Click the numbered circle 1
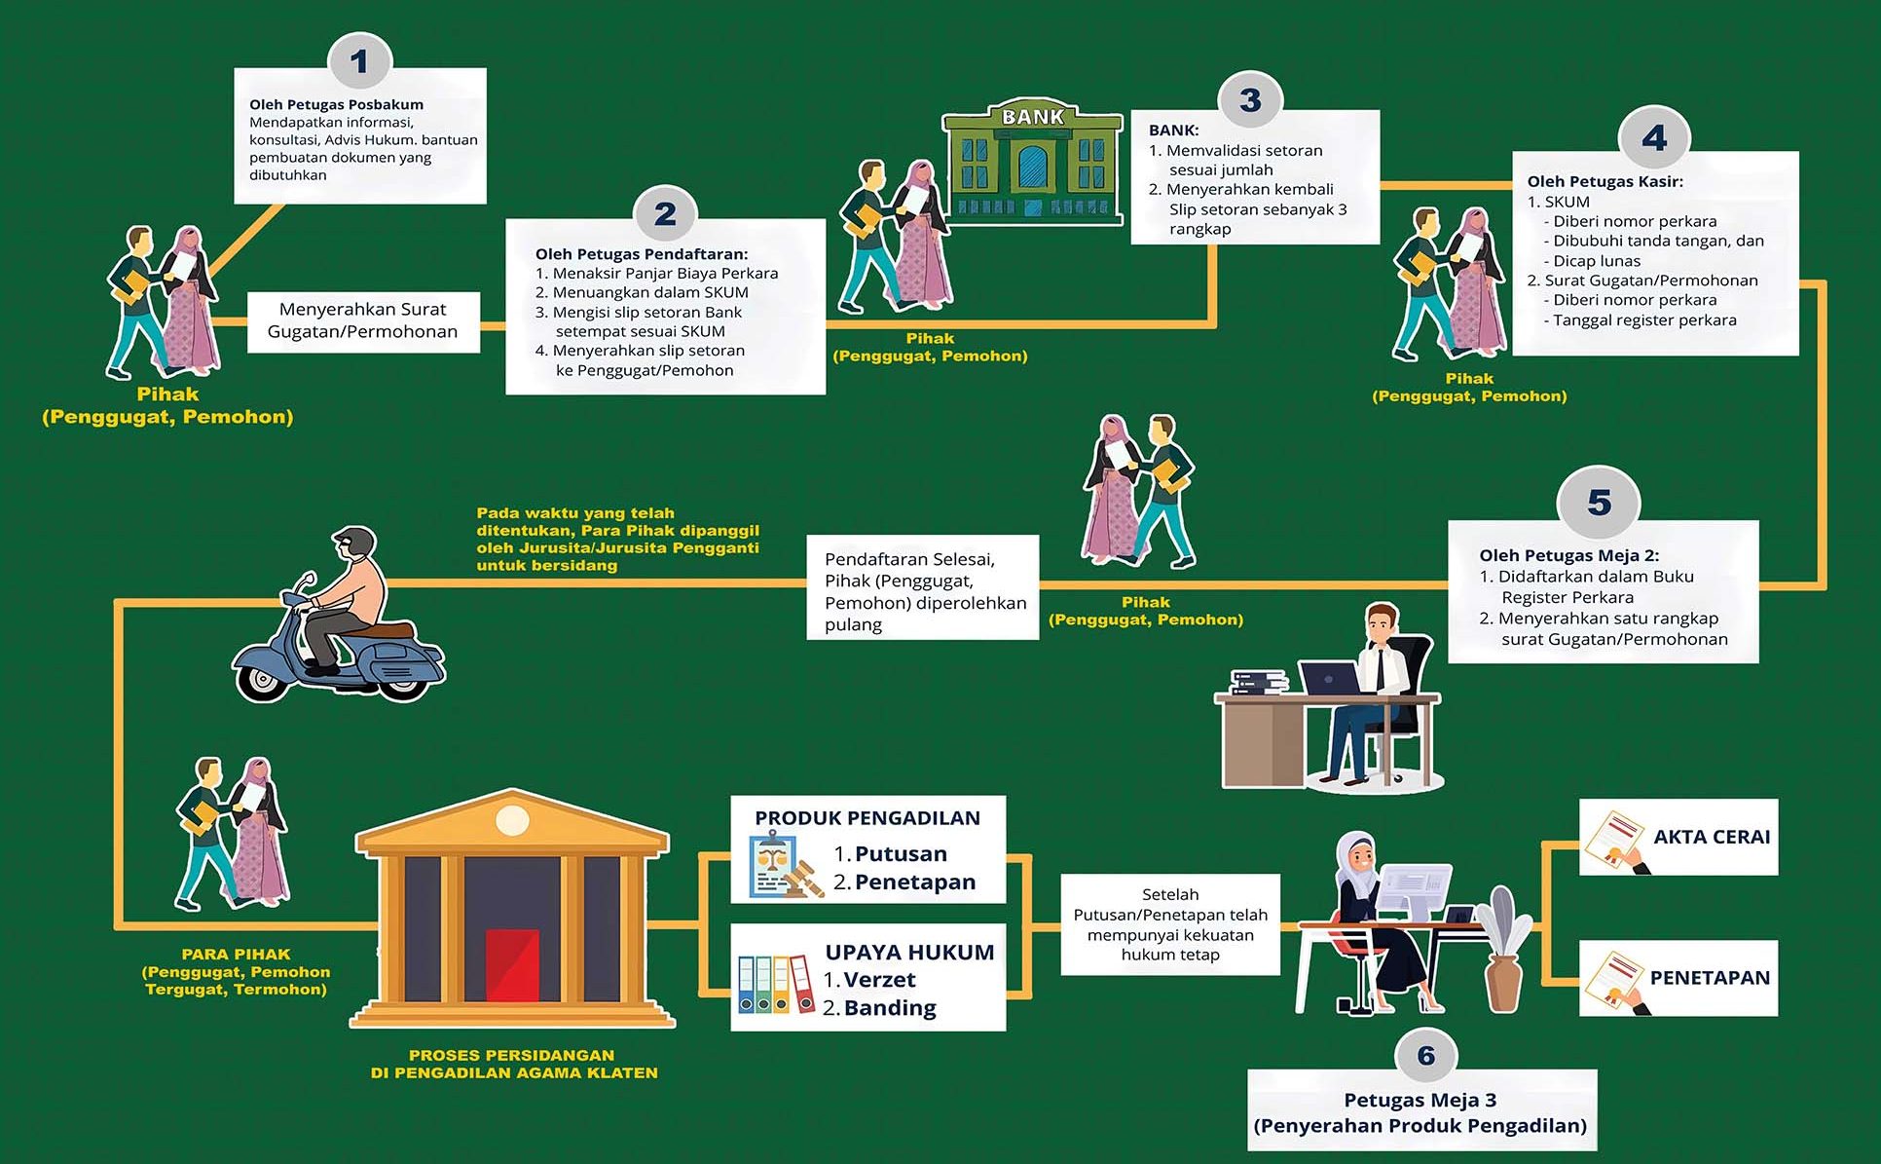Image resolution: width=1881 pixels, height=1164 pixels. pyautogui.click(x=359, y=62)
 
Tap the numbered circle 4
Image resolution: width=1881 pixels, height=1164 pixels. pyautogui.click(x=1654, y=138)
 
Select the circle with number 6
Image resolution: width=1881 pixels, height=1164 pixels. pyautogui.click(x=1426, y=1055)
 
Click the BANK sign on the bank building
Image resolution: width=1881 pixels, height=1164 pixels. pyautogui.click(x=1033, y=117)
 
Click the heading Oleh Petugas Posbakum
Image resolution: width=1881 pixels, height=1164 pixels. pyautogui.click(x=336, y=104)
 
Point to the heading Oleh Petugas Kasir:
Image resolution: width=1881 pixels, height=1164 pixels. pyautogui.click(x=1604, y=181)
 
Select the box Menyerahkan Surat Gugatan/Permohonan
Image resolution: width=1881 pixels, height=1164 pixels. pyautogui.click(x=363, y=320)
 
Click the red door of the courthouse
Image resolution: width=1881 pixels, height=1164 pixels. pyautogui.click(x=512, y=964)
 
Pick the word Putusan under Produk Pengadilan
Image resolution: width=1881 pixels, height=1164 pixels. pyautogui.click(x=901, y=854)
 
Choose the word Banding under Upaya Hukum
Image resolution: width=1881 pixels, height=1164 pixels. pyautogui.click(x=890, y=1008)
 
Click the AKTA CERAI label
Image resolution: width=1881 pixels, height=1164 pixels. pyautogui.click(x=1712, y=837)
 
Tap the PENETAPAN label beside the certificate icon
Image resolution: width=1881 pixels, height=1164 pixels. pyautogui.click(x=1710, y=978)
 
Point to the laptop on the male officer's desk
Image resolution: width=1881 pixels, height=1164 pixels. pyautogui.click(x=1329, y=678)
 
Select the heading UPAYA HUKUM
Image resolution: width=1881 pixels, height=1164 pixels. pyautogui.click(x=909, y=953)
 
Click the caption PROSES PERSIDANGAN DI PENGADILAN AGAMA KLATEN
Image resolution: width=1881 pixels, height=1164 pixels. pyautogui.click(x=514, y=1064)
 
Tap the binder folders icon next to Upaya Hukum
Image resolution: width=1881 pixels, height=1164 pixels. pyautogui.click(x=775, y=984)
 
